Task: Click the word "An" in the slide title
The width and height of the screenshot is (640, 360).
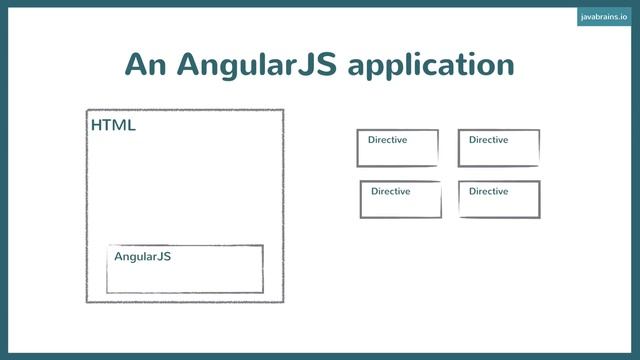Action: pos(145,64)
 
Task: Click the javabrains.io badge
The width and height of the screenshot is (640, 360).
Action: pos(603,17)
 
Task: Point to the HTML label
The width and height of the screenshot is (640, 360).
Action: pos(113,126)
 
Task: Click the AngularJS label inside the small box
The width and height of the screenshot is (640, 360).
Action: pos(142,257)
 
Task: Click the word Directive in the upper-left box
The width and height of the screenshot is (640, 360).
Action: pos(387,140)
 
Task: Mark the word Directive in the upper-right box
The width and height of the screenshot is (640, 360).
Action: pos(488,140)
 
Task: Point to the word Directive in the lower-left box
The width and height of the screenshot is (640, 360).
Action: pos(390,191)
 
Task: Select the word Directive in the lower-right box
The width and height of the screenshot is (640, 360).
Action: pos(488,191)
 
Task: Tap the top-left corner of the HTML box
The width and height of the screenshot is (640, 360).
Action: pos(87,110)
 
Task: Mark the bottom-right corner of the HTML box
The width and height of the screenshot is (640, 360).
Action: pos(283,301)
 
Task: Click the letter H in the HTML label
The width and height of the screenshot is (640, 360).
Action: pos(96,126)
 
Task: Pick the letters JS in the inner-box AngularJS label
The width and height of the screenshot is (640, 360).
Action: pos(164,257)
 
